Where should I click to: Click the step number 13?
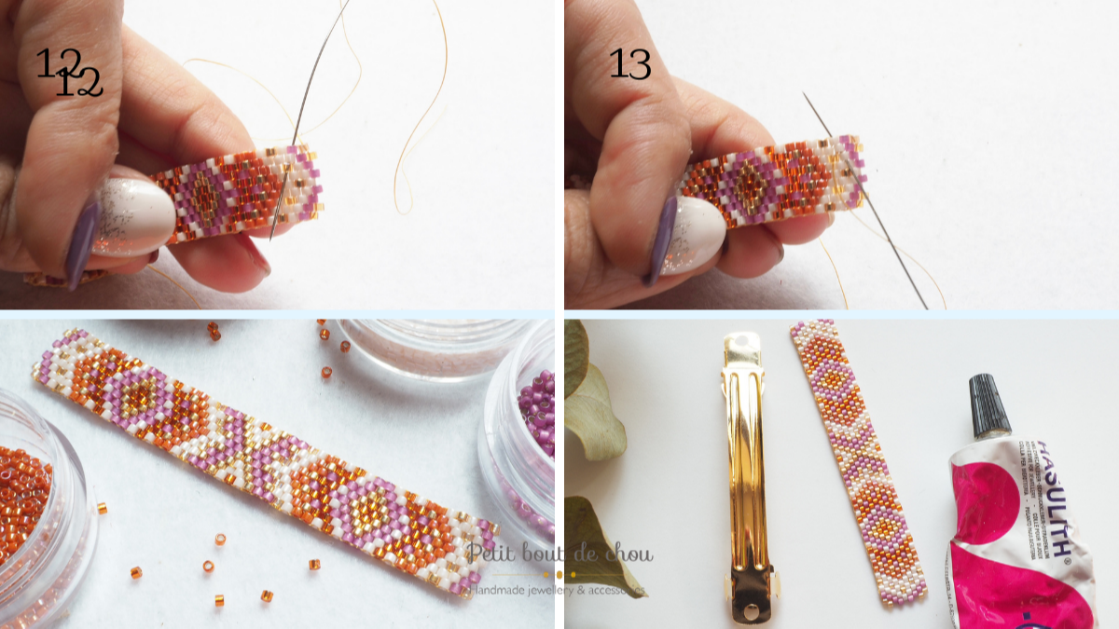(629, 63)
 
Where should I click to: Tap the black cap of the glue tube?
(988, 406)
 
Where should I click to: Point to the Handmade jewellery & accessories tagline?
(559, 590)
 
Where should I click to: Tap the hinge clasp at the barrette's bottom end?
(752, 587)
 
